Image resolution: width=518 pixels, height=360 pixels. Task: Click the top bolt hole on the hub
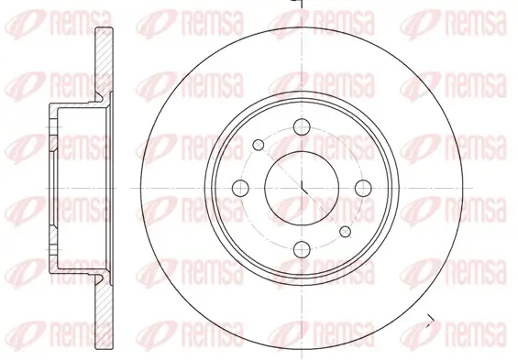(x=303, y=127)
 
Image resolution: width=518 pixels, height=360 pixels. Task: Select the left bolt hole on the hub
(x=242, y=188)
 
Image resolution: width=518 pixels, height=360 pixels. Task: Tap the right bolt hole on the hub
(x=363, y=188)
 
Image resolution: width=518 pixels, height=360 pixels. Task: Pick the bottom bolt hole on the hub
(x=303, y=248)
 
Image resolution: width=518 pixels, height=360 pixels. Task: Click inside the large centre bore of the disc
(x=303, y=188)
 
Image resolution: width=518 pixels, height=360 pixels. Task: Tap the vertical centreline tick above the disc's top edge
(x=303, y=5)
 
